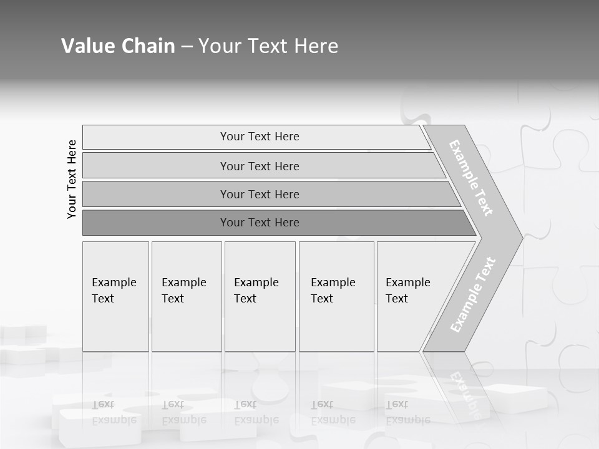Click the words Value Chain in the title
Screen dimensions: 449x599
(118, 46)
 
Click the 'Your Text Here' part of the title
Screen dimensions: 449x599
(268, 46)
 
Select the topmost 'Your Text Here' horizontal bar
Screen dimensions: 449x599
(260, 137)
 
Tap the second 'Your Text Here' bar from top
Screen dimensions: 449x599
(260, 166)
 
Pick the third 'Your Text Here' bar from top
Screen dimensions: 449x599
(260, 194)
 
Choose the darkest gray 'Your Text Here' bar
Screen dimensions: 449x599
(260, 223)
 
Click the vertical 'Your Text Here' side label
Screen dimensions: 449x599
(72, 179)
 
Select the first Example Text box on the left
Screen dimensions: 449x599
(115, 296)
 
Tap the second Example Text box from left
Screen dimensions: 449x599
(186, 296)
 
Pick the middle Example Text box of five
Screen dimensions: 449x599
(260, 296)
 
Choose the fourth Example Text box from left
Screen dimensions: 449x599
(336, 296)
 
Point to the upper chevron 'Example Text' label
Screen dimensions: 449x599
(471, 178)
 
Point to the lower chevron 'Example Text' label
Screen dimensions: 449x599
(473, 294)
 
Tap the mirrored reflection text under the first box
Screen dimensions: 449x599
(114, 412)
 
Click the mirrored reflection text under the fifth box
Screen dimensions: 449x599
(408, 412)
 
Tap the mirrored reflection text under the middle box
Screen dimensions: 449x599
(256, 412)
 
